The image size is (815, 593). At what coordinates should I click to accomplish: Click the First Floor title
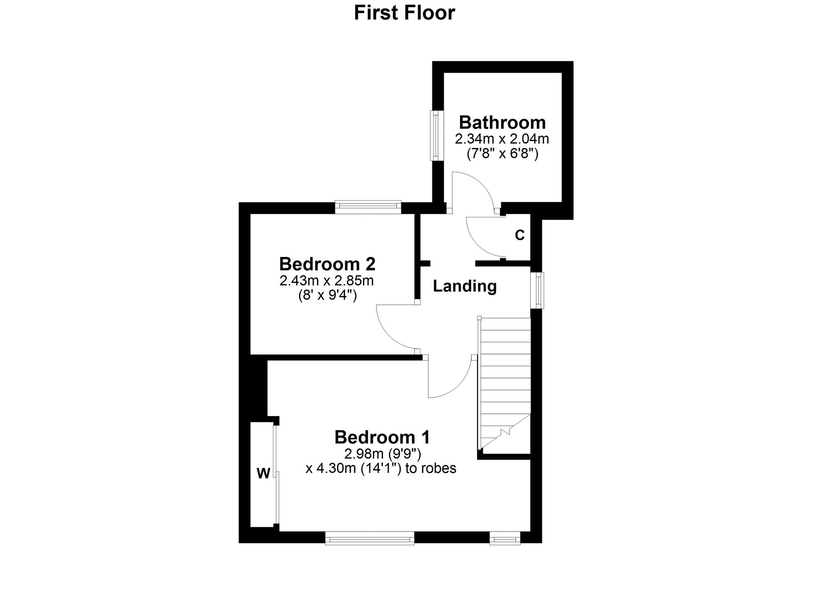[404, 13]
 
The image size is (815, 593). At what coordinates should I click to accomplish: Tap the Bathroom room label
[502, 122]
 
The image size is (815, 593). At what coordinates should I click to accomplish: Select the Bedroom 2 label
[327, 264]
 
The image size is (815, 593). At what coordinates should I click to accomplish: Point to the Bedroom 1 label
[382, 437]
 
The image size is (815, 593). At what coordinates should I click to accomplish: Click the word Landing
[465, 286]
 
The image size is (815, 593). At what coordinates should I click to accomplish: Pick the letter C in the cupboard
[520, 235]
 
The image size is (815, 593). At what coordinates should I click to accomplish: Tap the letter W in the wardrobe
[263, 474]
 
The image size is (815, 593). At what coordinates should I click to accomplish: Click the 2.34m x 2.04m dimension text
[502, 139]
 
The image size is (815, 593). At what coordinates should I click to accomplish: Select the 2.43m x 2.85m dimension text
[327, 281]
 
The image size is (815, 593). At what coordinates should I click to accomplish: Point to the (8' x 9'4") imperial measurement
[328, 295]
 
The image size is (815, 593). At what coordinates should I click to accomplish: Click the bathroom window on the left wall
[436, 135]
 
